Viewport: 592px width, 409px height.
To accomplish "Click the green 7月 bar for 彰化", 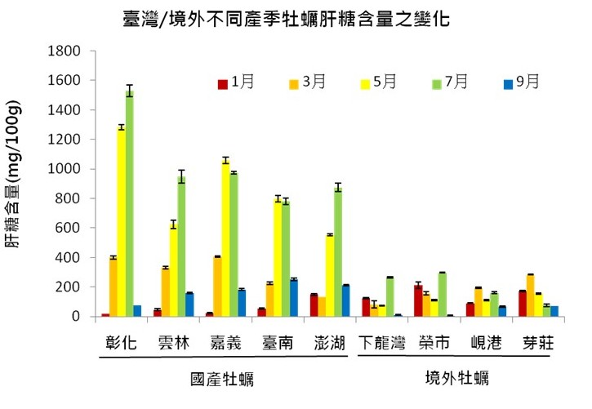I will pyautogui.click(x=130, y=204).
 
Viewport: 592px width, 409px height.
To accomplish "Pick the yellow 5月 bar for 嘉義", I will pyautogui.click(x=225, y=238).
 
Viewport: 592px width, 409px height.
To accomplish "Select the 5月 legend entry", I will pyautogui.click(x=379, y=82).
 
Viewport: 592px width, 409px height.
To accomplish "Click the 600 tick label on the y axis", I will pyautogui.click(x=68, y=228).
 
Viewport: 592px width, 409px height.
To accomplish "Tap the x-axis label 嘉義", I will pyautogui.click(x=224, y=344).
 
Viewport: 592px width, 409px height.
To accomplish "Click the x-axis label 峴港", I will pyautogui.click(x=478, y=344).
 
